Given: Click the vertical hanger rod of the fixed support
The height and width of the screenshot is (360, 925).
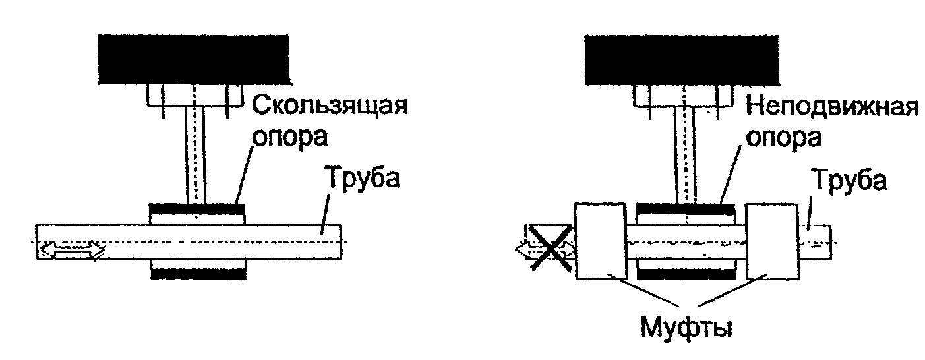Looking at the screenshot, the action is tap(686, 154).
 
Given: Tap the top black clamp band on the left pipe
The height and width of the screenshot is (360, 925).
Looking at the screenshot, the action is tap(197, 210).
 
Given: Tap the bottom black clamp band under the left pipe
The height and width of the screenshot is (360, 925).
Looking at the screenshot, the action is tap(198, 272).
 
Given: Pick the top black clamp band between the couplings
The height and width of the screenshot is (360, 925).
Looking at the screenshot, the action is tap(686, 210).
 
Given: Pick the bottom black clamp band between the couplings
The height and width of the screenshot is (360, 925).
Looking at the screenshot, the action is tap(686, 272).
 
